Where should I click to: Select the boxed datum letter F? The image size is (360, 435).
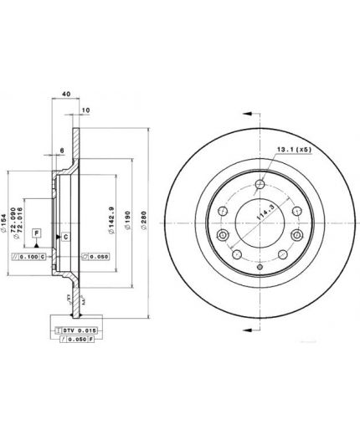(37, 230)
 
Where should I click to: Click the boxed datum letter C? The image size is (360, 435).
(64, 238)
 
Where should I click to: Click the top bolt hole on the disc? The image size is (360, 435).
(261, 186)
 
